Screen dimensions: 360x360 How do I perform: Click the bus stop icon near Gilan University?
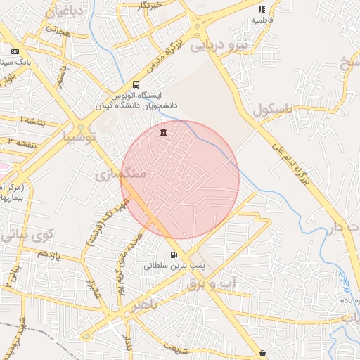click(x=136, y=82)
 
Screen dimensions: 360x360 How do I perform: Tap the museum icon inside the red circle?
click(x=163, y=133)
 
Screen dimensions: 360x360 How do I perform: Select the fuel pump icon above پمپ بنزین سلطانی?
click(x=173, y=255)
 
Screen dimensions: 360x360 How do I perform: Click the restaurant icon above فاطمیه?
click(x=262, y=10)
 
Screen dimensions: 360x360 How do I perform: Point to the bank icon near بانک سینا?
click(x=15, y=51)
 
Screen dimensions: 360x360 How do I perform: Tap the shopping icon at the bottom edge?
click(x=262, y=353)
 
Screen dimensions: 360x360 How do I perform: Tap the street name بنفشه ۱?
click(x=31, y=120)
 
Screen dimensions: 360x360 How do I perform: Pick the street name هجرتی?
click(x=58, y=32)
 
